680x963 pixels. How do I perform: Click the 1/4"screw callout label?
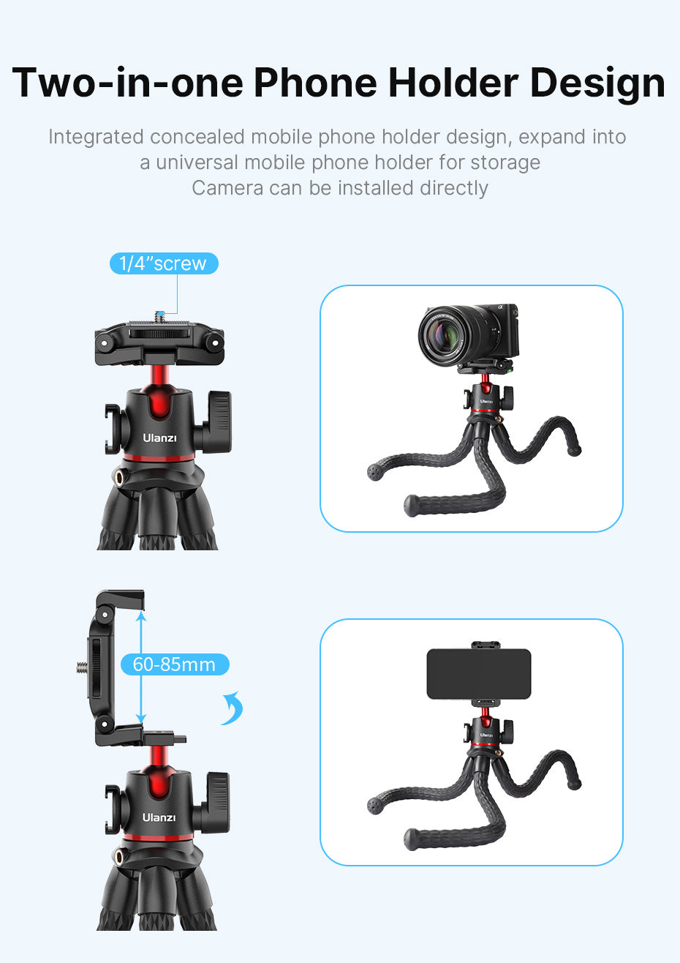pyautogui.click(x=163, y=263)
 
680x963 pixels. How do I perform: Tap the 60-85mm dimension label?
pyautogui.click(x=174, y=664)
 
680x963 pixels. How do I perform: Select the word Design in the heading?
pyautogui.click(x=597, y=82)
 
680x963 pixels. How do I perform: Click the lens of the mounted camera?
pyautogui.click(x=444, y=336)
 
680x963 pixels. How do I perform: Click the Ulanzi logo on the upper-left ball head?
pyautogui.click(x=159, y=438)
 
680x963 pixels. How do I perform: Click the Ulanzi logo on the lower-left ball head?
pyautogui.click(x=159, y=817)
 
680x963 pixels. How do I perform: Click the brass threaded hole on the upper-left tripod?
pyautogui.click(x=118, y=477)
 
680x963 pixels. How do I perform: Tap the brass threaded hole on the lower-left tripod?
pyautogui.click(x=118, y=855)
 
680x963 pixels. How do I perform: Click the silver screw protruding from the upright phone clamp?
pyautogui.click(x=80, y=667)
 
